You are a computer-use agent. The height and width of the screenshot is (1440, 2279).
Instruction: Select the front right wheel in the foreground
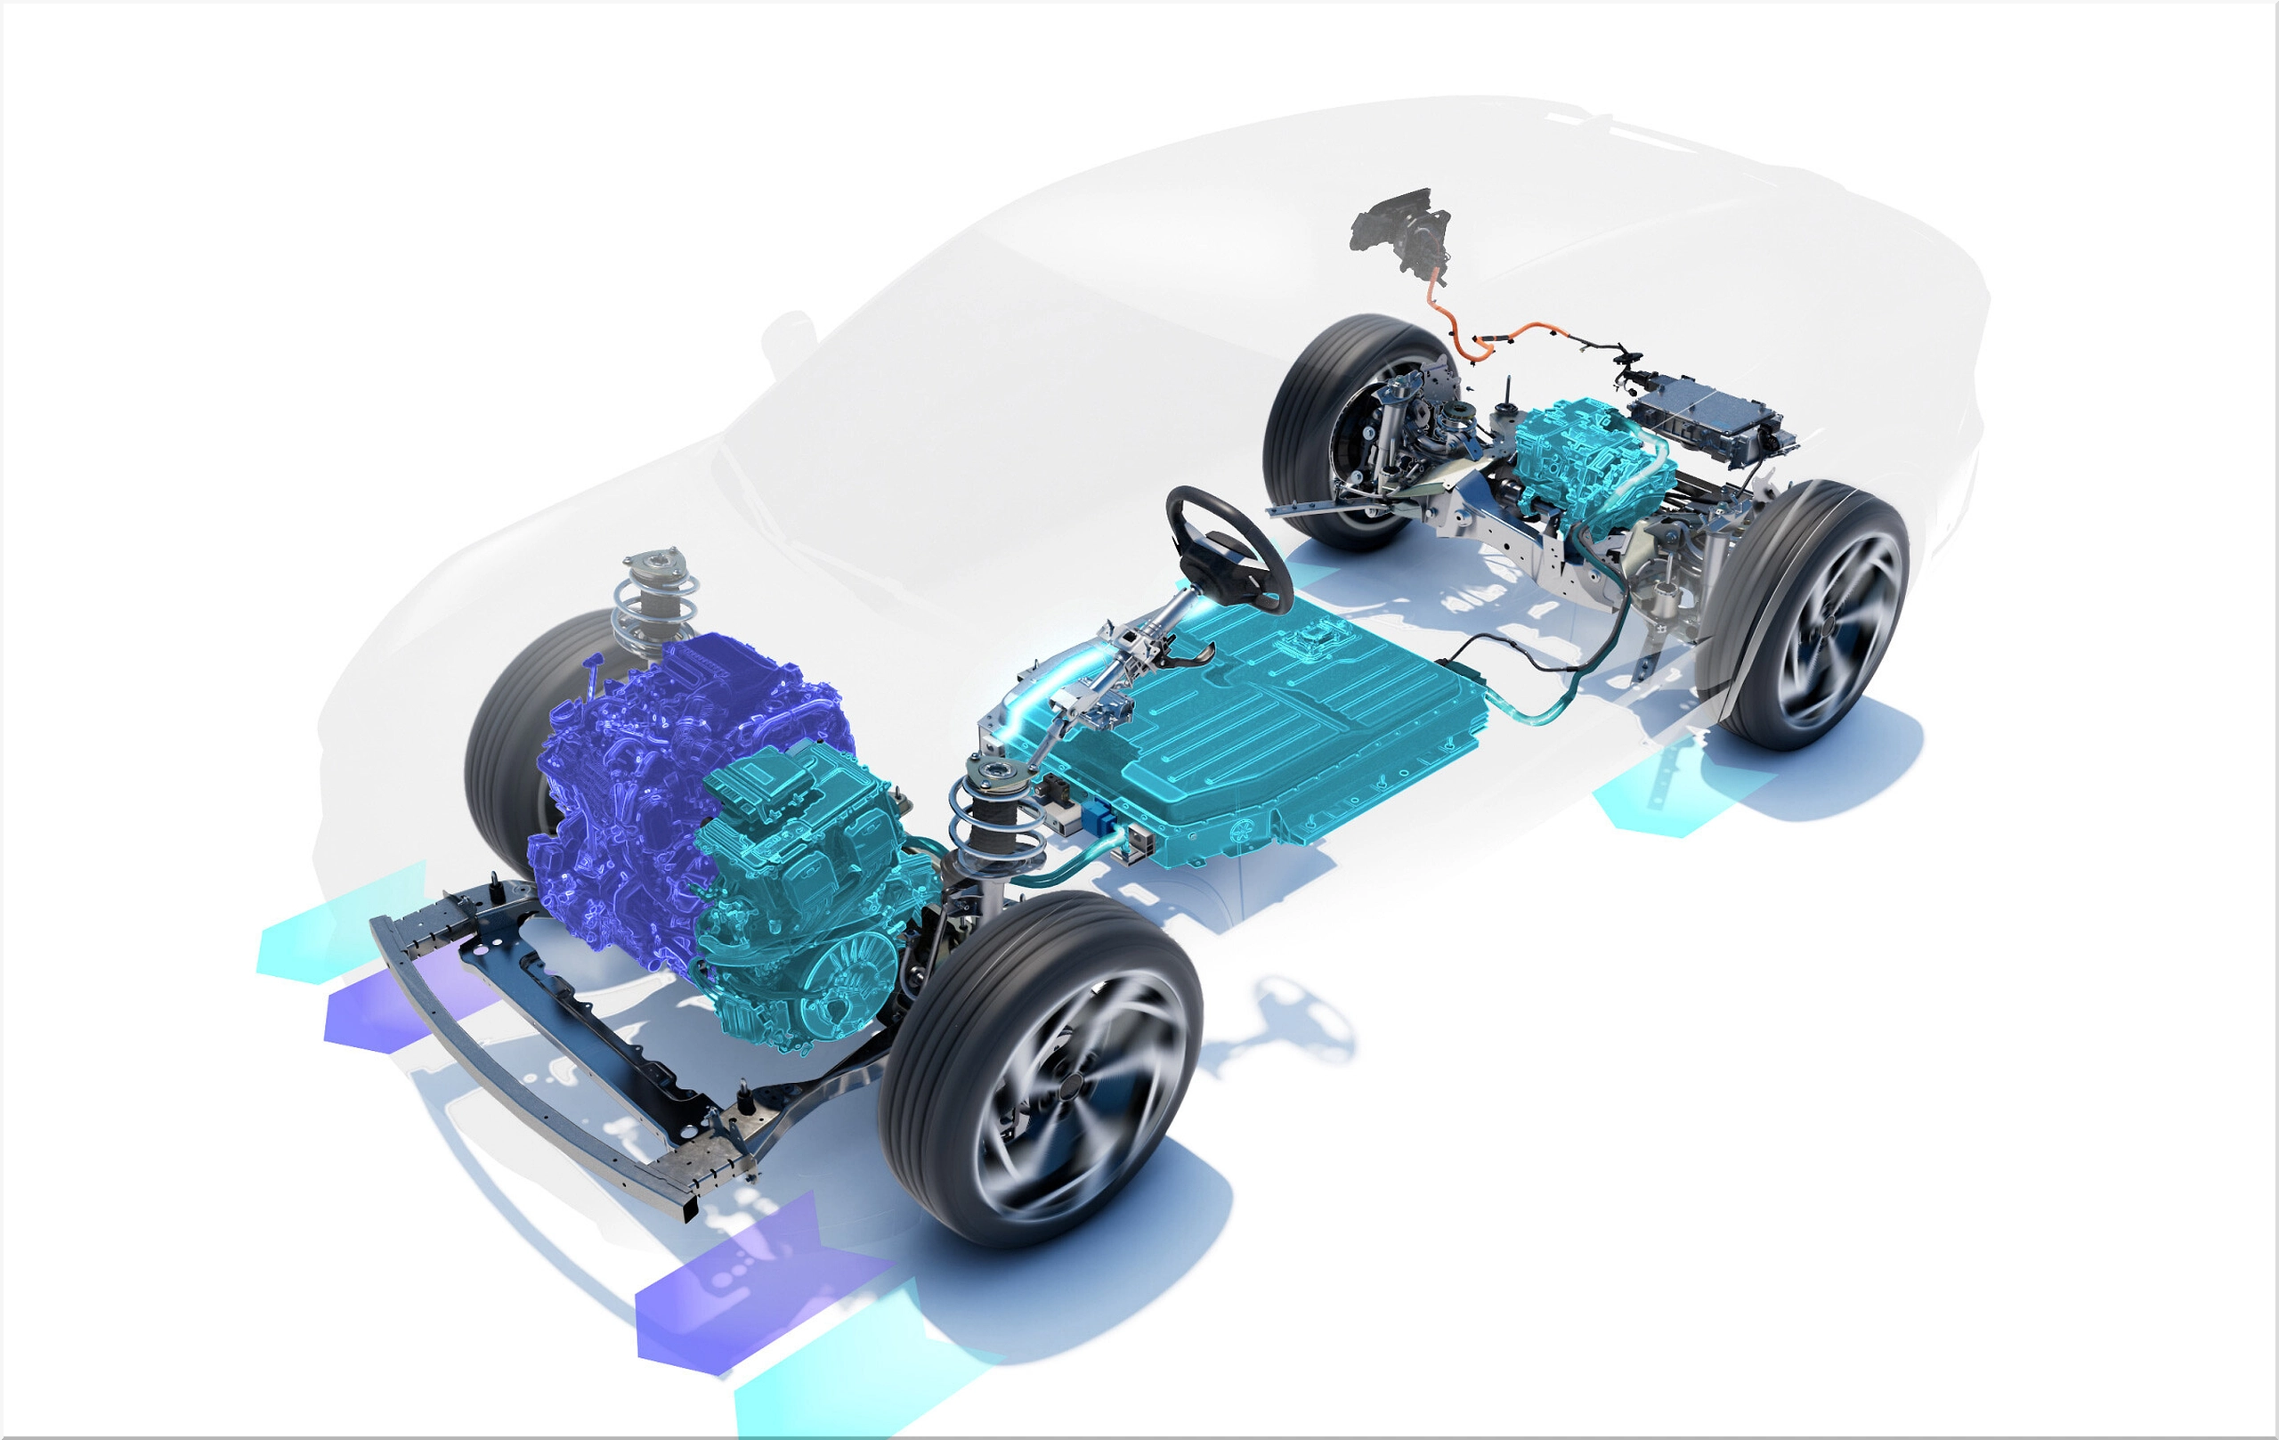(x=1041, y=1070)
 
